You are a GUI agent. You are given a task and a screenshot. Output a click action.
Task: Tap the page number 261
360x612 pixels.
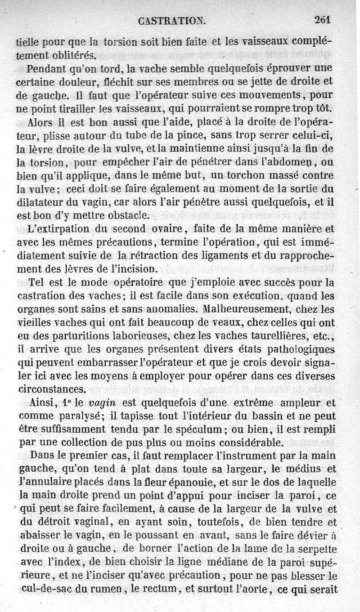[322, 20]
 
